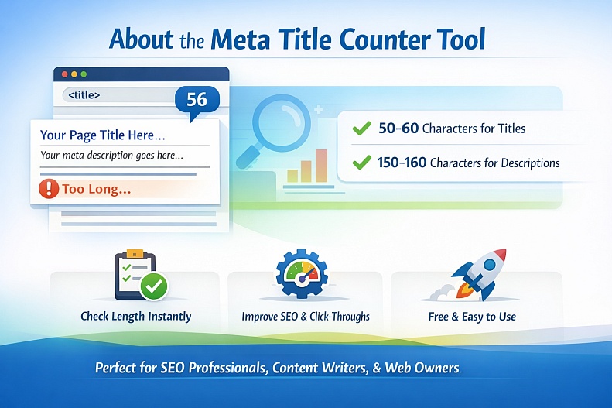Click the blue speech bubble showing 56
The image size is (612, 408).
197,100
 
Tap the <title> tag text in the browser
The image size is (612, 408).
84,95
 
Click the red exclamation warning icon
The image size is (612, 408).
48,189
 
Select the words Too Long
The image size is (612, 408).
96,189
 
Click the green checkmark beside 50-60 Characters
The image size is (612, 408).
361,129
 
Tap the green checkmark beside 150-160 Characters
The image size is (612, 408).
361,163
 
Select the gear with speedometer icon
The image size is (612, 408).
301,278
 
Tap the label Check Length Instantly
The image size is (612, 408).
135,316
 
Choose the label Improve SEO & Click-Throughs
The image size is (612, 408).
306,316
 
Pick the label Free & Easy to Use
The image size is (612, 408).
472,316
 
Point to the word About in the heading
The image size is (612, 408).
142,39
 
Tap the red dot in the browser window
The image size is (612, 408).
64,74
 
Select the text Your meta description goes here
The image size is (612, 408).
111,155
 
